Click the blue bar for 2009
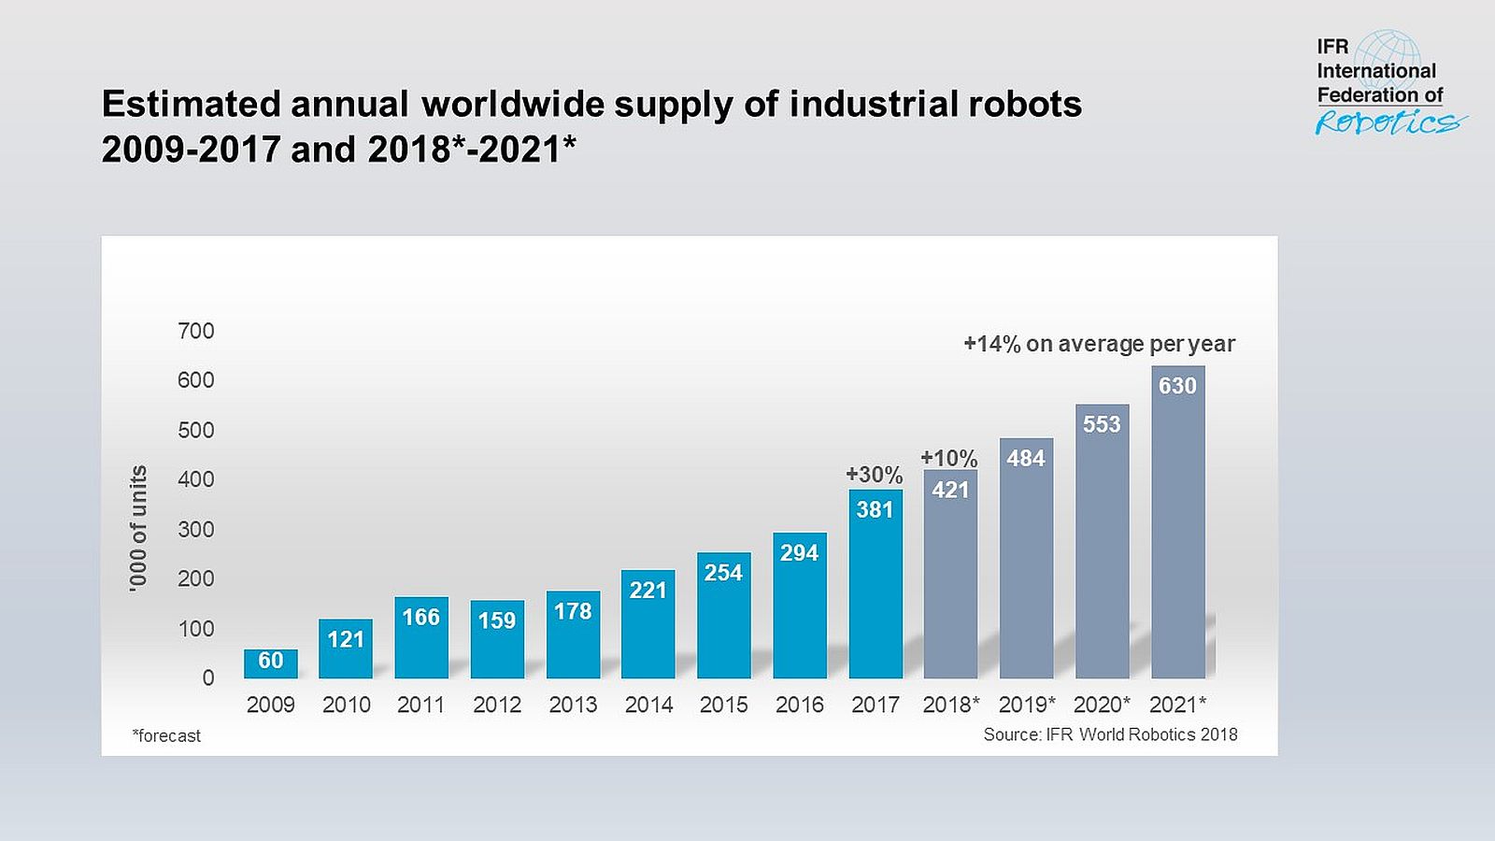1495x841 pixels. (271, 665)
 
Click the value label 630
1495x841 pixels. (1177, 386)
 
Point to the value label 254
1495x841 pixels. (723, 573)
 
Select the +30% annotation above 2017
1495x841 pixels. (874, 475)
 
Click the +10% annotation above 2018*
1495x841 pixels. (948, 458)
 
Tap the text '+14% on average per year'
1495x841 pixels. (1099, 344)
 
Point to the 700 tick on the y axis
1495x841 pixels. (196, 331)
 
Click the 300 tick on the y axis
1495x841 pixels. (196, 529)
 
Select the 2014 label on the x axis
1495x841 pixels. (648, 705)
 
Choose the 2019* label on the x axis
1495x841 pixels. (1026, 705)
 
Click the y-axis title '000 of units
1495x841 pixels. (138, 528)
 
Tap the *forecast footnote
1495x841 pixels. (166, 736)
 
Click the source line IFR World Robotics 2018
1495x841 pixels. (1110, 734)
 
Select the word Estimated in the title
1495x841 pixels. (191, 104)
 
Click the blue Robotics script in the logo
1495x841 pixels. (1387, 122)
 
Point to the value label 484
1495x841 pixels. (1025, 458)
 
